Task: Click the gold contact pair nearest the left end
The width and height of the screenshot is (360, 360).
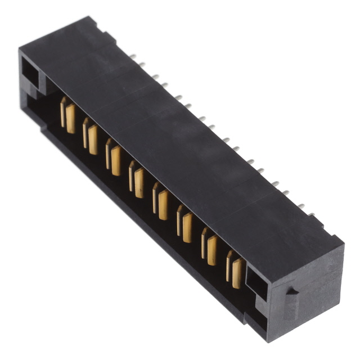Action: coord(67,115)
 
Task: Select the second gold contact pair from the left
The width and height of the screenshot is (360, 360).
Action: coord(91,136)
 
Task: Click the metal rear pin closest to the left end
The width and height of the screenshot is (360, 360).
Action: coord(133,56)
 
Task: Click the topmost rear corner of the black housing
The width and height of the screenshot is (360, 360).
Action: coord(88,19)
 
